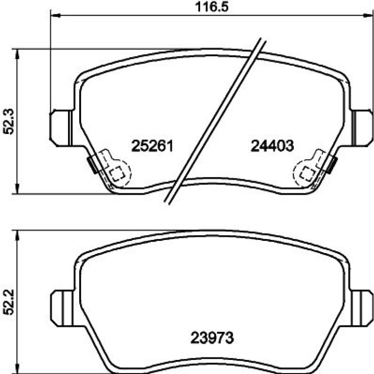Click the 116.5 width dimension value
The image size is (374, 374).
pos(212,7)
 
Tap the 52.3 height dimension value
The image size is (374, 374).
pos(9,122)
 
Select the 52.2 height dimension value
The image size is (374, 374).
pos(9,302)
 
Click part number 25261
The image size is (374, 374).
pos(152,146)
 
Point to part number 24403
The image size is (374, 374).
pos(272,146)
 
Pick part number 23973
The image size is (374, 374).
pos(212,338)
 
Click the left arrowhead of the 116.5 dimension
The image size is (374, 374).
pos(56,16)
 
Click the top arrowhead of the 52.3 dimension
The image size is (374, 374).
pos(17,54)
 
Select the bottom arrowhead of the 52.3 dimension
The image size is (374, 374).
pos(17,188)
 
